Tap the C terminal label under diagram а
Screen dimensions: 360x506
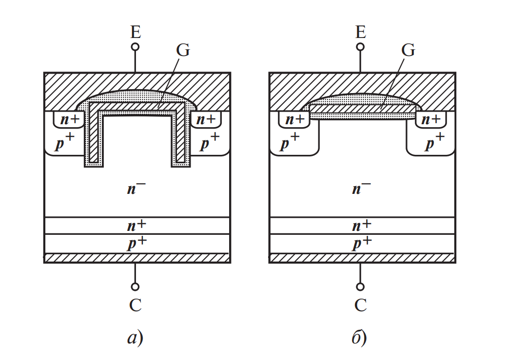coord(136,305)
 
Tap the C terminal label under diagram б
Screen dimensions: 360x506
coord(360,305)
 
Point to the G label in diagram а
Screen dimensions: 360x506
coord(183,50)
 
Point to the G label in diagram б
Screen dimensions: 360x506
coord(408,50)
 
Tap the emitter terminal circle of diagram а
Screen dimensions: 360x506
coord(136,47)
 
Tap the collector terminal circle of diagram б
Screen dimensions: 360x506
coord(360,286)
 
